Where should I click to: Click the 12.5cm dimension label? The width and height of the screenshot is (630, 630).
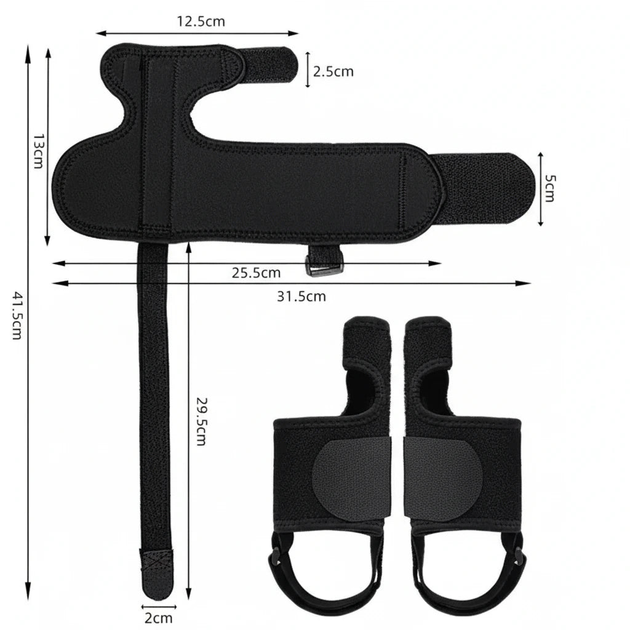[x=201, y=22]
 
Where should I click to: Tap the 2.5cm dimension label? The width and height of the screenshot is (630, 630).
[x=333, y=71]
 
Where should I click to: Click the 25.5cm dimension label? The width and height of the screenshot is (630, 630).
[x=256, y=273]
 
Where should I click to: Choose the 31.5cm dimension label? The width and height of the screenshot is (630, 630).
[x=301, y=297]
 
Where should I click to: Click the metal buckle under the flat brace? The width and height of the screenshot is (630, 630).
[x=323, y=265]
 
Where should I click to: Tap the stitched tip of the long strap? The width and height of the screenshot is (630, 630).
[x=154, y=561]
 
